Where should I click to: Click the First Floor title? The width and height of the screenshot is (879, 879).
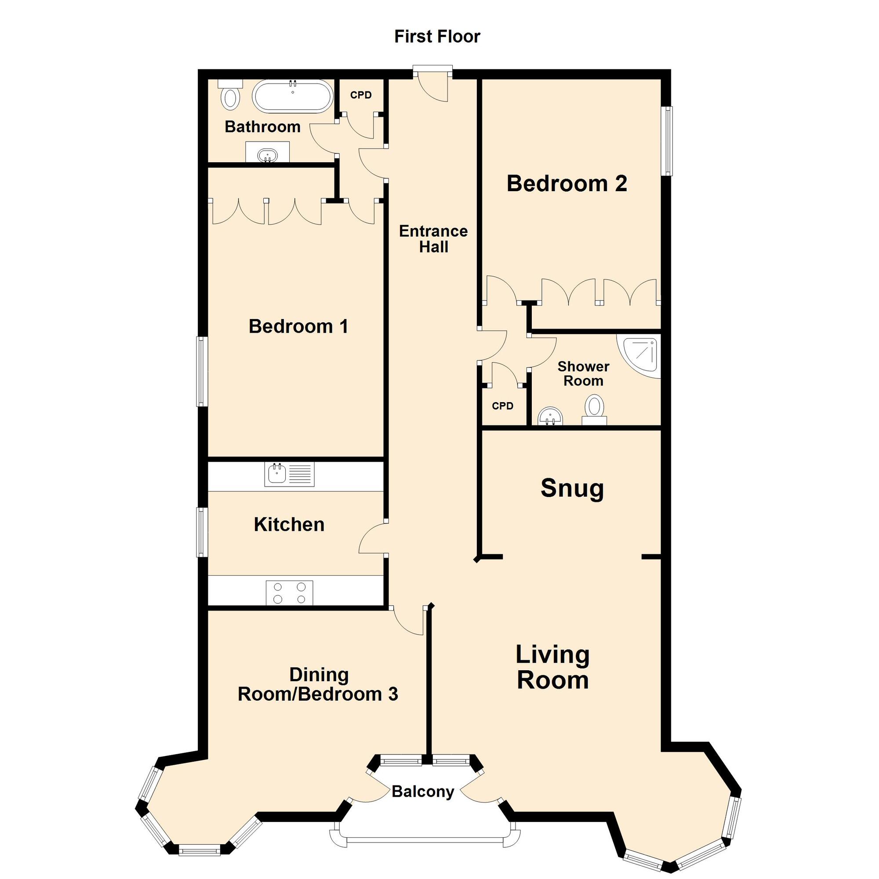(437, 36)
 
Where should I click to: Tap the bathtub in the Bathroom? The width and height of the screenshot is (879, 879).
(293, 96)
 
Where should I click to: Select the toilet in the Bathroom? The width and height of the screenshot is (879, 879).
(231, 97)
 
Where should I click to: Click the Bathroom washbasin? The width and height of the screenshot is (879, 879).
(267, 155)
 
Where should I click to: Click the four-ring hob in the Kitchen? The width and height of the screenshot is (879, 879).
(289, 593)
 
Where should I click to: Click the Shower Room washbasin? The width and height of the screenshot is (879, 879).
(551, 416)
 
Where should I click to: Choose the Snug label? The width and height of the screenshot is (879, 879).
(572, 488)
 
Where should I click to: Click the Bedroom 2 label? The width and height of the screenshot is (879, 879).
(567, 183)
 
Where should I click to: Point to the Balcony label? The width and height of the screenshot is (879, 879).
(423, 792)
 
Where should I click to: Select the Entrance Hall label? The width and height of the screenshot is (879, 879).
(433, 239)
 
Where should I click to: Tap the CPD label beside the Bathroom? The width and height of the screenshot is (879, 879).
(361, 95)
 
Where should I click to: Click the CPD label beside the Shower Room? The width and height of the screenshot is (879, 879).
(502, 406)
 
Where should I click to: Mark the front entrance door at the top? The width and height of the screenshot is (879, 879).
(432, 84)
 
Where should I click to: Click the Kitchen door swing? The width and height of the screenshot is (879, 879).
(372, 538)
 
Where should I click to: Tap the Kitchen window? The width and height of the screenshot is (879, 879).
(202, 532)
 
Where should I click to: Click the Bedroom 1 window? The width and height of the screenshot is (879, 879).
(202, 371)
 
